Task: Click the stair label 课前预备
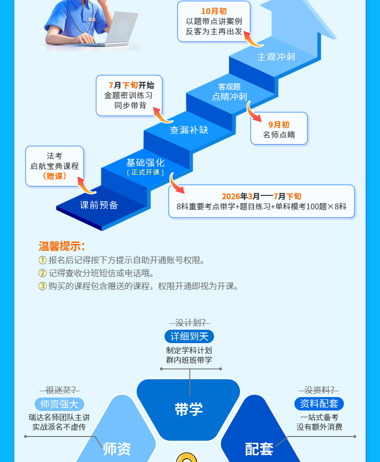pyautogui.click(x=99, y=205)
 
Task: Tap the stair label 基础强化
pyautogui.click(x=145, y=163)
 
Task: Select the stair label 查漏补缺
pyautogui.click(x=189, y=130)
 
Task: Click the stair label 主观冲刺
pyautogui.click(x=276, y=57)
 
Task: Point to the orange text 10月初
pyautogui.click(x=214, y=11)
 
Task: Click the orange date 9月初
pyautogui.click(x=279, y=125)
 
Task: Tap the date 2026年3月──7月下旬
pyautogui.click(x=261, y=196)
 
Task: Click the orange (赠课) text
pyautogui.click(x=54, y=176)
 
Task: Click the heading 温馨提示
pyautogui.click(x=62, y=246)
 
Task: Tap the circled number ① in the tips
pyautogui.click(x=42, y=260)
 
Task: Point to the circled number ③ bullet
pyautogui.click(x=42, y=286)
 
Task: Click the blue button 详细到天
pyautogui.click(x=189, y=336)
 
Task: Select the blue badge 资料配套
pyautogui.click(x=319, y=403)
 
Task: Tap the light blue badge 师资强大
pyautogui.click(x=59, y=404)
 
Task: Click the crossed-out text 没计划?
pyautogui.click(x=190, y=322)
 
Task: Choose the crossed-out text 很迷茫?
pyautogui.click(x=60, y=390)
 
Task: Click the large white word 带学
pyautogui.click(x=189, y=409)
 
